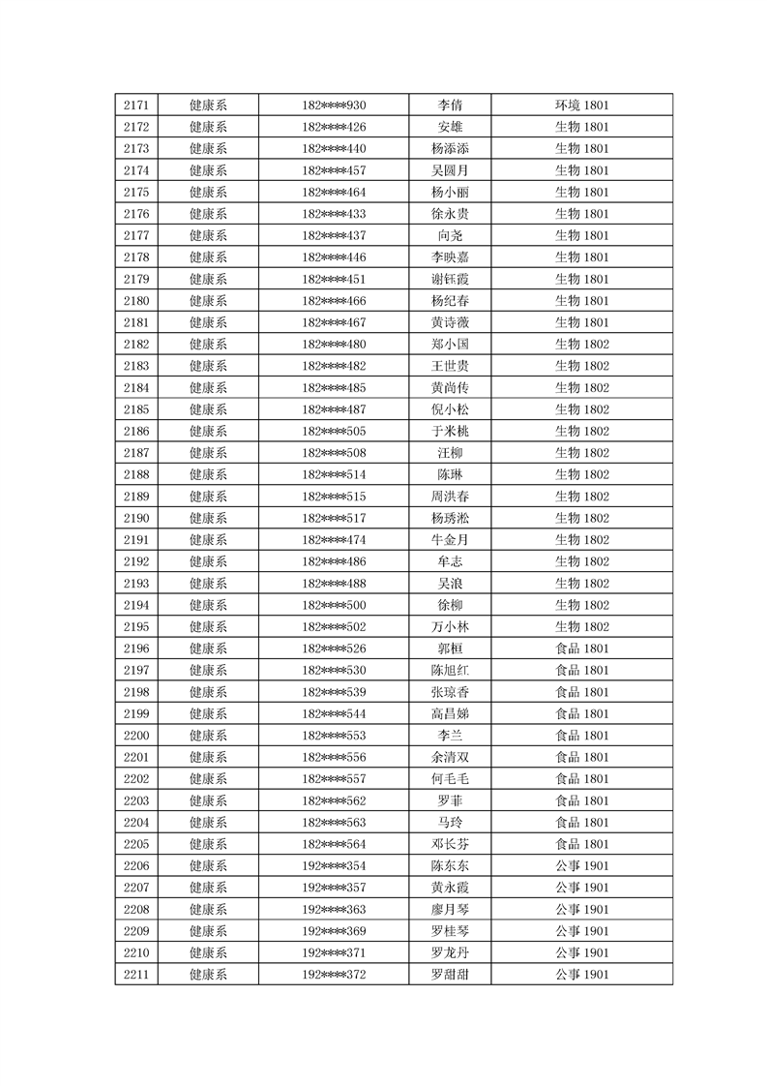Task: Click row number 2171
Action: click(x=136, y=106)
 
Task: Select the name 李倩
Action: click(x=450, y=106)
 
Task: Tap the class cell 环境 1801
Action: click(x=581, y=106)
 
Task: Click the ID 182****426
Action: click(x=334, y=127)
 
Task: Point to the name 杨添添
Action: click(x=450, y=149)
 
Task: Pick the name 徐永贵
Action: click(x=450, y=214)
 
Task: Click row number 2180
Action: click(x=136, y=301)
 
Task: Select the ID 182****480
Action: click(x=334, y=345)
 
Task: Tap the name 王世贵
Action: click(x=450, y=366)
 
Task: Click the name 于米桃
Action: click(x=450, y=431)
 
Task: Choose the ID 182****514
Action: click(x=334, y=474)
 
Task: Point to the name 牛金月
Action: click(x=450, y=540)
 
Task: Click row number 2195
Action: click(x=136, y=626)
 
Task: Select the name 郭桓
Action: click(x=450, y=649)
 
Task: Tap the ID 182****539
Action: click(x=334, y=692)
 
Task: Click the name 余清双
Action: click(x=450, y=757)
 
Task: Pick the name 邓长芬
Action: click(x=450, y=844)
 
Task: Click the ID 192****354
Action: click(x=334, y=865)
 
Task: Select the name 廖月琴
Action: click(x=450, y=909)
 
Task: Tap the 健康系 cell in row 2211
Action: click(x=208, y=974)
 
